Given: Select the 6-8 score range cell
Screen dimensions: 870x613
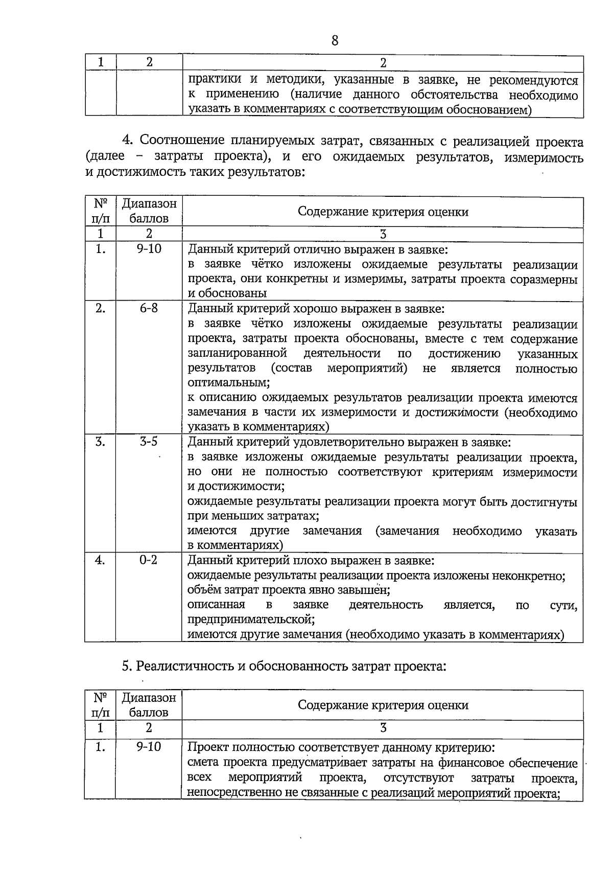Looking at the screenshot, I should pyautogui.click(x=149, y=308).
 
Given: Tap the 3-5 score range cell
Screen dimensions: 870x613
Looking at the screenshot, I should pyautogui.click(x=149, y=442).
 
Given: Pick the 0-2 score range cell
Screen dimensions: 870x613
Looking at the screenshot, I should pyautogui.click(x=149, y=560).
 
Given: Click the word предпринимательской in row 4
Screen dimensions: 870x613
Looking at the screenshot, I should pyautogui.click(x=250, y=620).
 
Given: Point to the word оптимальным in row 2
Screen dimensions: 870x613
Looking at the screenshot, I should pyautogui.click(x=227, y=383).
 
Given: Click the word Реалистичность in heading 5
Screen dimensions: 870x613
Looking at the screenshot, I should pyautogui.click(x=186, y=666).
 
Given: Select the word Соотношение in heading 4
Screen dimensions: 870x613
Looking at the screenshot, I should pyautogui.click(x=181, y=141).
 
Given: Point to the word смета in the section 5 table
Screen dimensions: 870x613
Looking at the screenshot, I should pyautogui.click(x=204, y=763).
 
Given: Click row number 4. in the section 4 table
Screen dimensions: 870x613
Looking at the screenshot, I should pyautogui.click(x=101, y=560).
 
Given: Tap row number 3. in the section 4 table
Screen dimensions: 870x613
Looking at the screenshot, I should pyautogui.click(x=101, y=442).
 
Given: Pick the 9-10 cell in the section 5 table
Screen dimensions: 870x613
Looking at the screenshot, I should pyautogui.click(x=149, y=747).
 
